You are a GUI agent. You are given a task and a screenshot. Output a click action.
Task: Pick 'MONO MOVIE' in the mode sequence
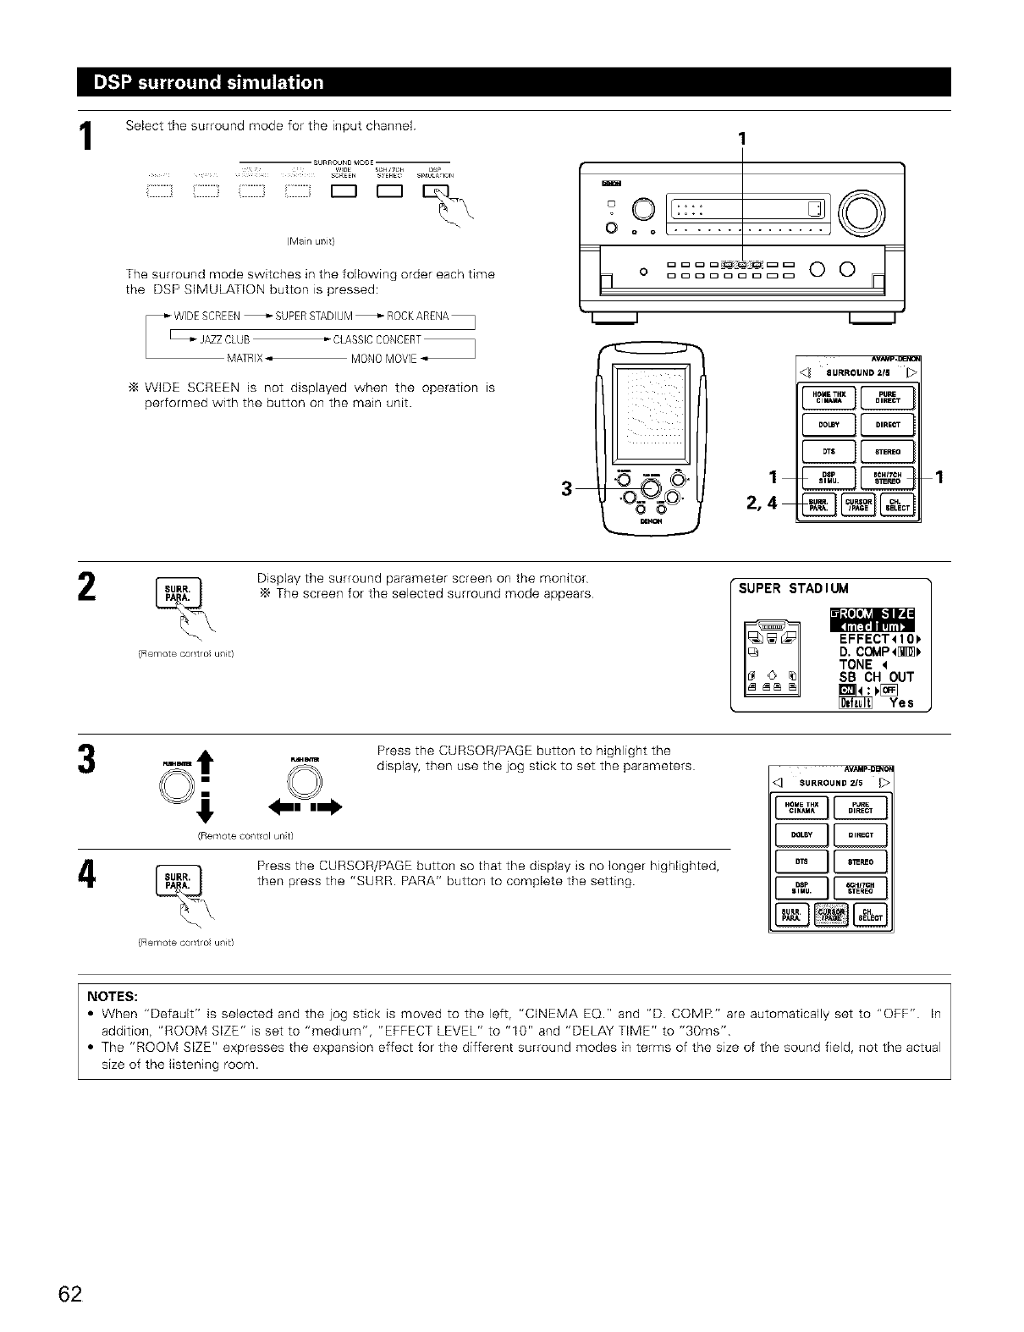coord(385,355)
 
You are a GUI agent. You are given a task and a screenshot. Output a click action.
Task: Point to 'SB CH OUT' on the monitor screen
coord(876,676)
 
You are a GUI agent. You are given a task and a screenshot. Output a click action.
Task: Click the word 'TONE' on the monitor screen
coord(856,664)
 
